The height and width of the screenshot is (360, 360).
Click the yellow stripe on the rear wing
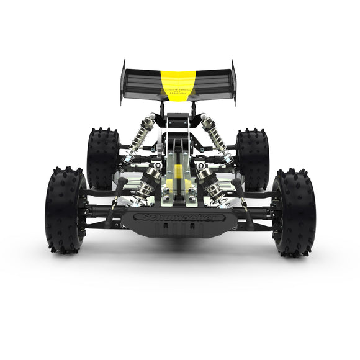[x=178, y=79]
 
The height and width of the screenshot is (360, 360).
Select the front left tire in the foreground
[x=65, y=209]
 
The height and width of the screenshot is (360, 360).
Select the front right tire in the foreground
[x=294, y=212]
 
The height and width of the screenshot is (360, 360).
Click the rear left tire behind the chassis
[x=102, y=158]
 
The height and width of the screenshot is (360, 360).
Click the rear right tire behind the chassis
[x=253, y=158]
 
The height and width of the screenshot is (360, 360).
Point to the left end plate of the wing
[x=123, y=81]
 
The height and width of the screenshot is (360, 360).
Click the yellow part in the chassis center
[x=179, y=176]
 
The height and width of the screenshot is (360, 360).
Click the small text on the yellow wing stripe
[x=178, y=90]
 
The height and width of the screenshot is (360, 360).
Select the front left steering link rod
[x=114, y=205]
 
